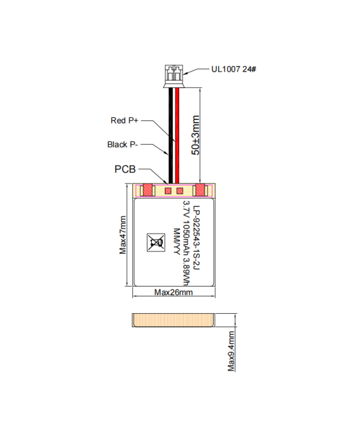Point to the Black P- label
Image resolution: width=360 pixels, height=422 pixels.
(x=122, y=145)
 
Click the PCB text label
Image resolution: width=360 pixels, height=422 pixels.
(x=126, y=169)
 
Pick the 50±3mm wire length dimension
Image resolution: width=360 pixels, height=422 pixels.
(x=196, y=135)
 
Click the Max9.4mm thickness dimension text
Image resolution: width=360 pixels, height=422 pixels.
(x=231, y=350)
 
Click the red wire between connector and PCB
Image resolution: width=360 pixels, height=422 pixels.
(x=177, y=136)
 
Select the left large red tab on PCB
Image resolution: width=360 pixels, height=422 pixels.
(x=148, y=190)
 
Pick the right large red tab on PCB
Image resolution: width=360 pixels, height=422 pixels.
(x=201, y=190)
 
